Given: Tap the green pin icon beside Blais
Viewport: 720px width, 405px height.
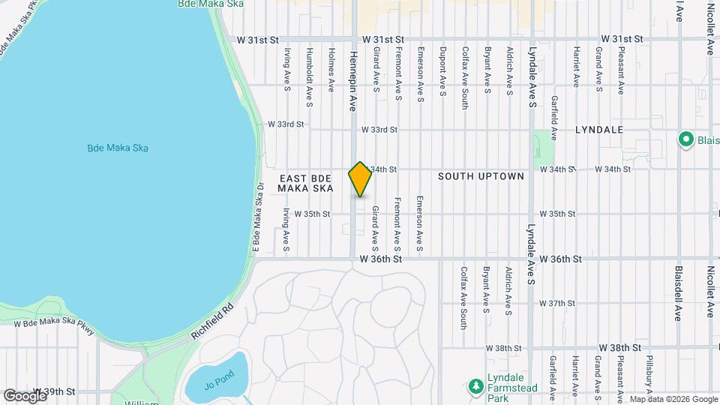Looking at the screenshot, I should (x=685, y=139).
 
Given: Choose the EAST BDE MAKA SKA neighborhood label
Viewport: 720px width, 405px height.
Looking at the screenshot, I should (x=305, y=183).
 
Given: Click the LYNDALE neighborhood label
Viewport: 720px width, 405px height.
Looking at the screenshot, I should (x=599, y=130).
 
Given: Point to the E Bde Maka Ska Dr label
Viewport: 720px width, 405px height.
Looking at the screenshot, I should (x=257, y=217).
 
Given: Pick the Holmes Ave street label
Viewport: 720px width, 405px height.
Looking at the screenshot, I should (x=331, y=70).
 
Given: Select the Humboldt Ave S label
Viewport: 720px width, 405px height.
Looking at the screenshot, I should (x=309, y=74).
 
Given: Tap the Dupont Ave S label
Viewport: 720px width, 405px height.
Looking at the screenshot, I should (x=442, y=73).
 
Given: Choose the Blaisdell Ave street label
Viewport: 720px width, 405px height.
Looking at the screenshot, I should (x=677, y=293).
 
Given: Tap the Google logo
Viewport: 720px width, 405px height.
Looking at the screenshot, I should (x=24, y=395).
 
